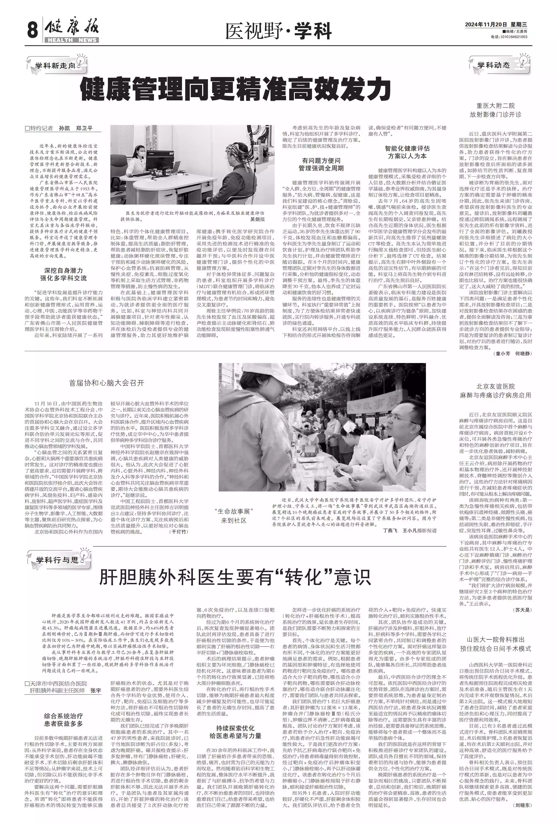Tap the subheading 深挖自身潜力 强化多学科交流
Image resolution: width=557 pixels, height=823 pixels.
(63, 274)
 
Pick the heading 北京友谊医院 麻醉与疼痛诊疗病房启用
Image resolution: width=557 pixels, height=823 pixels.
(495, 391)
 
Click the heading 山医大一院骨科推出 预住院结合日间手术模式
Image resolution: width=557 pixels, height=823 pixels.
(495, 644)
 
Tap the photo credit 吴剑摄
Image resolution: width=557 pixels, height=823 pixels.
(258, 219)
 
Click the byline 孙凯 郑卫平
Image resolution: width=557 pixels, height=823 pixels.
(76, 128)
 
